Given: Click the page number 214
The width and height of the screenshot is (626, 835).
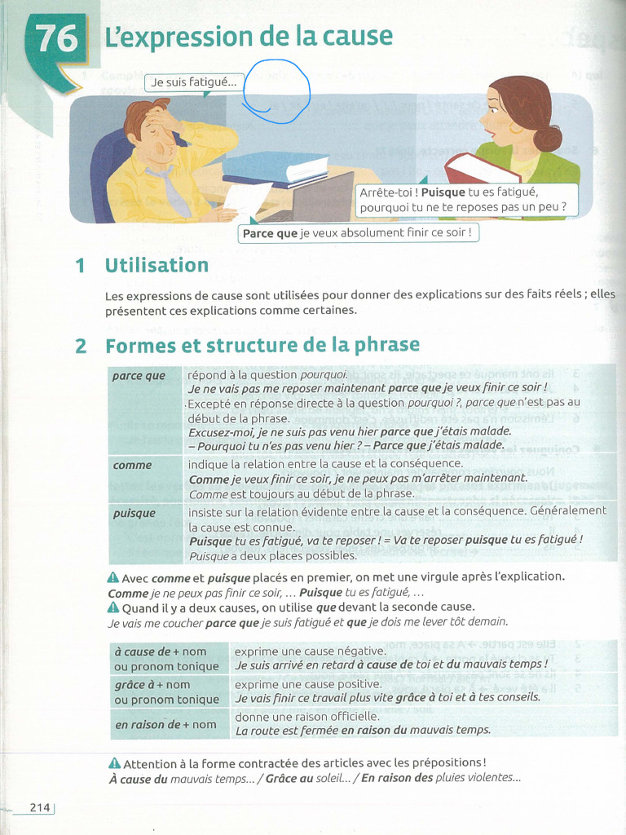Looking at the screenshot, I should coord(40,807).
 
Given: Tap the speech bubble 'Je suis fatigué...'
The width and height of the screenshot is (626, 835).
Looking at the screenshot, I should coord(194,82).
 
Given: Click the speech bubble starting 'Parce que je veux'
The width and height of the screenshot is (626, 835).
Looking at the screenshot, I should coord(358,233).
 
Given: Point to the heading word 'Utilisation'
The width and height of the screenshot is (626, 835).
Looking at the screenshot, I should coord(156,266).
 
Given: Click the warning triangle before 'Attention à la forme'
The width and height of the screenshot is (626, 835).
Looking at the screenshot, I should coord(114,764).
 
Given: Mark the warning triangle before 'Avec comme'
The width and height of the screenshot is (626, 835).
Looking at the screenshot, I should coord(113,577).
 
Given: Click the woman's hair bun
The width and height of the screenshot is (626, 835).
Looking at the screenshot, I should coord(548,137).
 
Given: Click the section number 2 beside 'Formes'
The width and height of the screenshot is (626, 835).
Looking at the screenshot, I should coord(81,347).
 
